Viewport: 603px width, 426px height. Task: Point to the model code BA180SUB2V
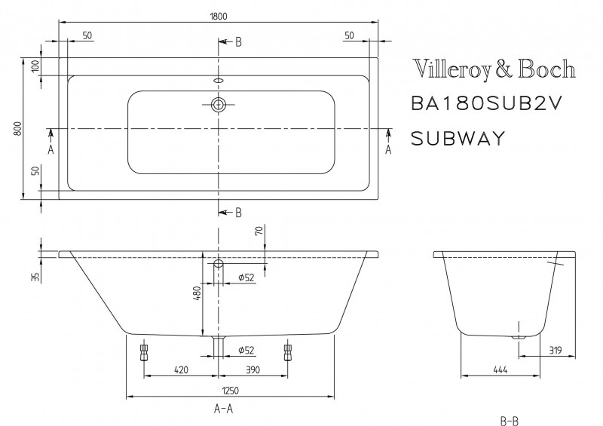487,104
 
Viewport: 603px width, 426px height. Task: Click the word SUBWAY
457,138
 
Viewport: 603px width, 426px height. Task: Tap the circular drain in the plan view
219,105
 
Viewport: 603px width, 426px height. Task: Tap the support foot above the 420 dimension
143,353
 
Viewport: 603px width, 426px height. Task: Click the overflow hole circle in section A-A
219,264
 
